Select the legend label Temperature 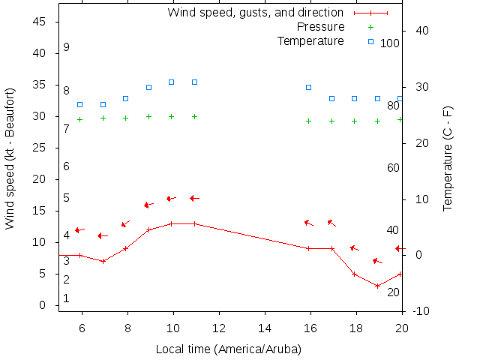coord(310,40)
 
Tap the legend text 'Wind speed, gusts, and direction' coord(255,13)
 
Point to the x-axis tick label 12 coord(219,327)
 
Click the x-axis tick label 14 coord(265,327)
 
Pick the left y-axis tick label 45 coord(40,22)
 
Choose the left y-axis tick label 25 coord(40,148)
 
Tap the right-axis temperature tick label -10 coord(420,311)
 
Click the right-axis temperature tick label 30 coord(420,87)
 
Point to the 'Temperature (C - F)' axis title coord(448,158)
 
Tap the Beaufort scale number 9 coord(66,47)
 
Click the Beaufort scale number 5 coord(66,198)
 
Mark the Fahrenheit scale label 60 coord(393,167)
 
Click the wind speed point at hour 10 coord(172,223)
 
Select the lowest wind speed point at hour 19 coord(377,286)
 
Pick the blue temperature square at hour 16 coord(308,87)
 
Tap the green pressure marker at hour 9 coord(148,116)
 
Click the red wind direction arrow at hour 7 coord(103,235)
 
